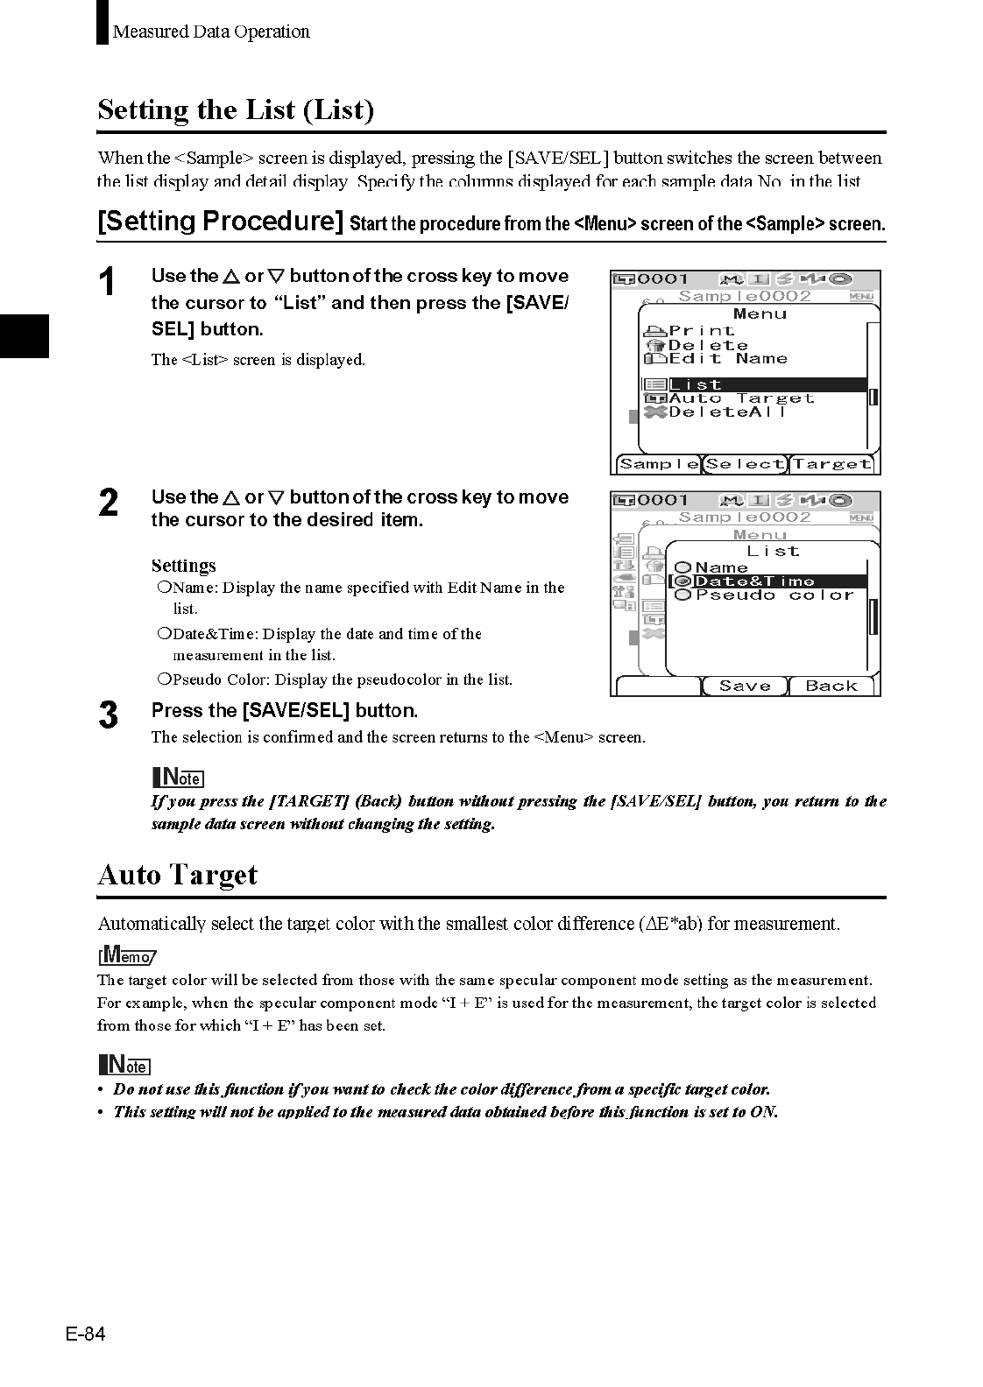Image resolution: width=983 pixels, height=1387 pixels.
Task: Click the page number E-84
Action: pos(85,1334)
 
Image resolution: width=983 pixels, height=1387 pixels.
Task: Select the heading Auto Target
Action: pos(178,875)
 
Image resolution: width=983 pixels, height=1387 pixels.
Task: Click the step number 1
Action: pos(106,282)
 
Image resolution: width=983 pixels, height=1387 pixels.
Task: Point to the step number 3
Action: pos(108,715)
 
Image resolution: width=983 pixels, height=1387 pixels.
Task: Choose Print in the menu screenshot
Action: pos(701,331)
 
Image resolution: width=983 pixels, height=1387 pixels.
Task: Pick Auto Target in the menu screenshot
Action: pos(740,398)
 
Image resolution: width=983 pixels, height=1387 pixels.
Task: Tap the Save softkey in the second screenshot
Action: pos(745,686)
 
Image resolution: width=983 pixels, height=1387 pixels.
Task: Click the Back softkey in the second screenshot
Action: pos(831,686)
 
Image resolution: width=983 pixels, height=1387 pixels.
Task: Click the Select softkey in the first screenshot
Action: pos(745,465)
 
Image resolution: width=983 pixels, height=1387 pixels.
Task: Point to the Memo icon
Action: pos(127,955)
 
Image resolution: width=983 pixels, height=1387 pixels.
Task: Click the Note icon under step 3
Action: pos(178,777)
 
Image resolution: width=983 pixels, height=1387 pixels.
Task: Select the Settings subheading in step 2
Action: pos(183,566)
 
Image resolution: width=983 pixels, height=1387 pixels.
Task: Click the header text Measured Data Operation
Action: pos(211,32)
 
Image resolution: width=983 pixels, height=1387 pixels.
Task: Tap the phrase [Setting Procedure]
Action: pos(220,221)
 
